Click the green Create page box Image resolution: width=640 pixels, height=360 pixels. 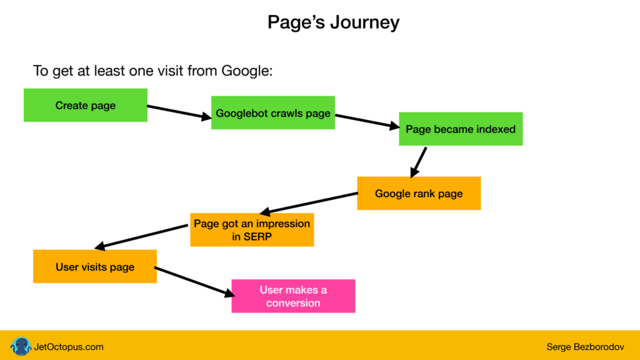click(85, 105)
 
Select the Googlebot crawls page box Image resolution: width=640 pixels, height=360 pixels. click(273, 112)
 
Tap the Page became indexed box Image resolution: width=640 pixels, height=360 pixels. click(461, 129)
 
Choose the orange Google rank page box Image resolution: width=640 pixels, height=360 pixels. click(419, 194)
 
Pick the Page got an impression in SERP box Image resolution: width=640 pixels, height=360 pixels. click(252, 230)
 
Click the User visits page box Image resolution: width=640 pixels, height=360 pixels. click(95, 266)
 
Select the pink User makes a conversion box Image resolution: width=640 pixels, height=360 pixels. click(293, 296)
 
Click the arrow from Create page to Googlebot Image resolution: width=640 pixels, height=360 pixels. click(179, 112)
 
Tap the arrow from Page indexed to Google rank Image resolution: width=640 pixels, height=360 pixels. click(418, 162)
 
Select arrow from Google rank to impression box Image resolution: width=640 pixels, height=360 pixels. click(309, 203)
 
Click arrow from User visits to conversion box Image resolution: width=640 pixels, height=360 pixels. click(195, 282)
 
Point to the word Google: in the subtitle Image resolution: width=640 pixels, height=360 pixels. click(247, 71)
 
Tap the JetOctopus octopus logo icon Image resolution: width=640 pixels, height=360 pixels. click(21, 346)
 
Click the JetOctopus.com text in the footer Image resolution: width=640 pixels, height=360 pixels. click(69, 347)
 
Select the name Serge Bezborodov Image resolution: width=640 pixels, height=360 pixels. click(585, 347)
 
